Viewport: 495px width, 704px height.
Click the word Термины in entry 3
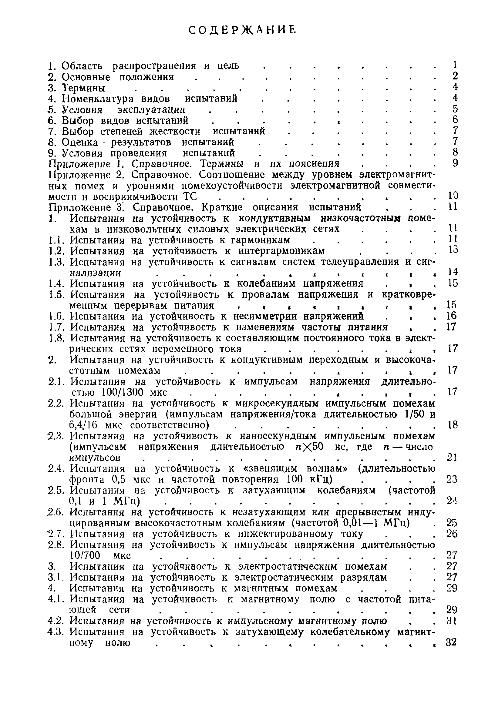point(83,88)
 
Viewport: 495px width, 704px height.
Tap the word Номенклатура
point(98,99)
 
